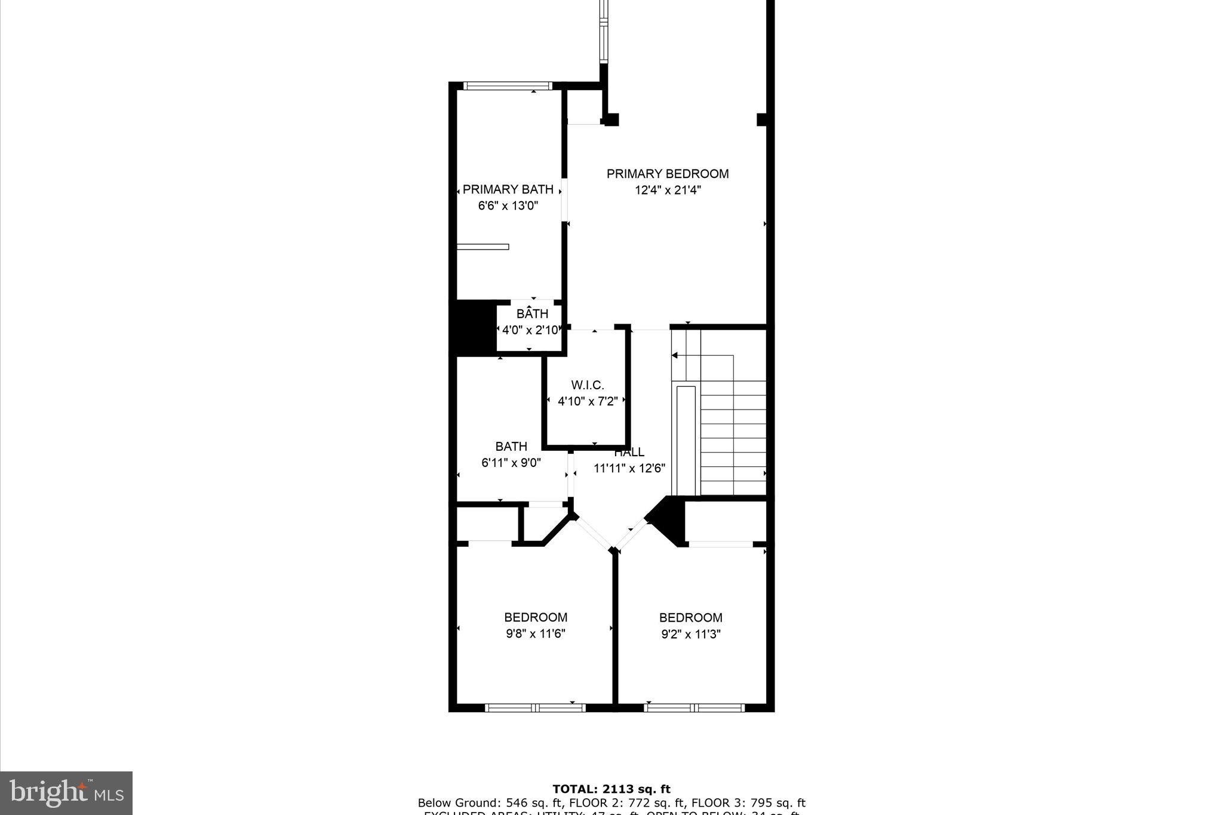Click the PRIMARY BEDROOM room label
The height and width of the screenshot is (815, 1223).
click(668, 174)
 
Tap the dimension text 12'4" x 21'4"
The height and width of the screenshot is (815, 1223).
click(668, 190)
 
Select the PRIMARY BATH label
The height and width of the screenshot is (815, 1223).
click(508, 190)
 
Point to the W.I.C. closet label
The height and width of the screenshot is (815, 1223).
click(588, 386)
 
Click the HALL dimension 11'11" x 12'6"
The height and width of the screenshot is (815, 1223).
click(629, 469)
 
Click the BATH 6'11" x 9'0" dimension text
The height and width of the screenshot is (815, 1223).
click(511, 462)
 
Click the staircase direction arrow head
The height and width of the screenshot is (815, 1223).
click(675, 356)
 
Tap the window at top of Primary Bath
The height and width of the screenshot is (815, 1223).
click(508, 86)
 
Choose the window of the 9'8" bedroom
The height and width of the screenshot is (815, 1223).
click(535, 708)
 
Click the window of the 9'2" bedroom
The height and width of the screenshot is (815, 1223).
click(695, 708)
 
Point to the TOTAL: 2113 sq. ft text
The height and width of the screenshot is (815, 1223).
click(611, 789)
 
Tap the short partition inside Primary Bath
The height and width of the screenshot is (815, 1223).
click(483, 247)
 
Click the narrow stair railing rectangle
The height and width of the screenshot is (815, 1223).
click(686, 441)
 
